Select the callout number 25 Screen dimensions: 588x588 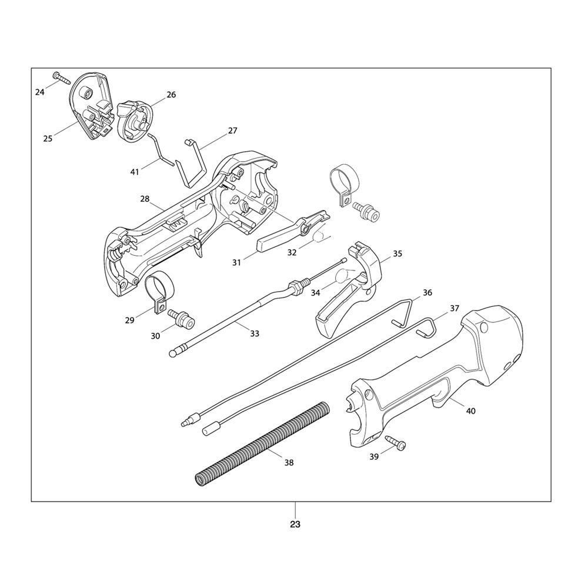click(x=48, y=139)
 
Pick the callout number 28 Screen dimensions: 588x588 click(x=145, y=199)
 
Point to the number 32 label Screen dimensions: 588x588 click(x=291, y=252)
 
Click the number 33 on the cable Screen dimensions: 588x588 click(x=254, y=333)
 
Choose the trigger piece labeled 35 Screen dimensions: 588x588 click(x=353, y=288)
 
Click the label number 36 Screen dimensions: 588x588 click(x=427, y=293)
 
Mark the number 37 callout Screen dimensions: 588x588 click(x=455, y=308)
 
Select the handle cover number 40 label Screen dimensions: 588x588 click(x=470, y=411)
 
